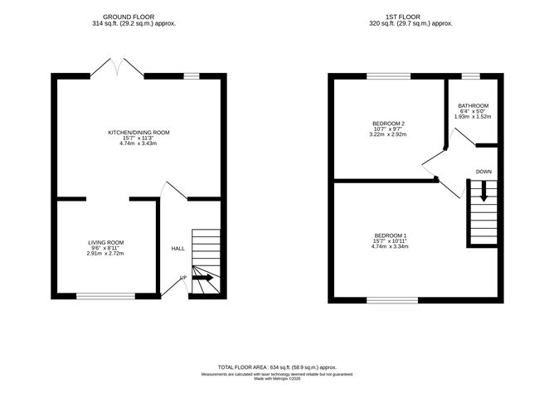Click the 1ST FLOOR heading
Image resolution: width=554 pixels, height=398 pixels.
click(411, 17)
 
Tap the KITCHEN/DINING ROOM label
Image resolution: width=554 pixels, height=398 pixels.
click(138, 133)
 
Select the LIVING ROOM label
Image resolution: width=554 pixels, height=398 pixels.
click(105, 242)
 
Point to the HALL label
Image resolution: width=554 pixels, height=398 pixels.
click(178, 248)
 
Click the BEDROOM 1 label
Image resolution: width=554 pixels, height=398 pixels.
click(390, 236)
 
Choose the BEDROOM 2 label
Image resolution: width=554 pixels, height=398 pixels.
click(388, 124)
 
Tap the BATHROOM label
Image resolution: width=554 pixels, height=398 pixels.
click(473, 106)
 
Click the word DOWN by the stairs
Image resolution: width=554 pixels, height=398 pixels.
click(484, 172)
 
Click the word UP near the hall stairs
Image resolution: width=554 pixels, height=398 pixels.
click(183, 278)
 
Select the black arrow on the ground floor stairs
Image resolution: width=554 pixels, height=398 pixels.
click(203, 279)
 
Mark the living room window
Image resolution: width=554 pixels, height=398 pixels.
click(105, 295)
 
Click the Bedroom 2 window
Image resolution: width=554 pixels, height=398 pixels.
click(388, 76)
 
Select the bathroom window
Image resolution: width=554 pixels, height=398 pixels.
click(471, 76)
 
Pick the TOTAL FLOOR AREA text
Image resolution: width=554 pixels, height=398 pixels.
click(277, 366)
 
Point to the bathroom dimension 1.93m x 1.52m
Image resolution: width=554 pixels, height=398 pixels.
click(473, 117)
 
